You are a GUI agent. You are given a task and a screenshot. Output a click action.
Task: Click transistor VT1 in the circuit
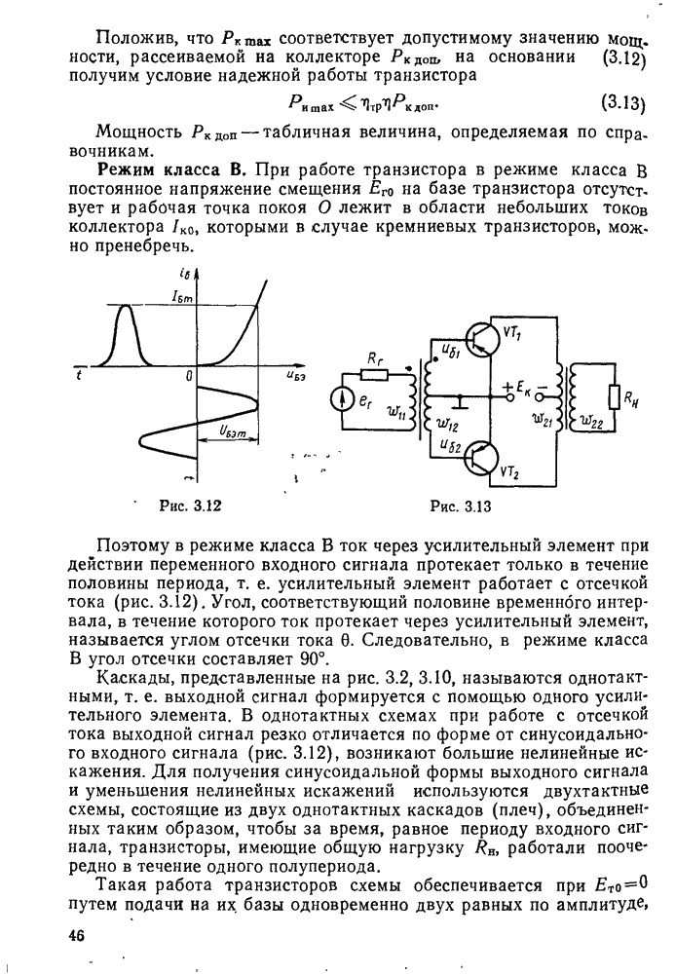481,338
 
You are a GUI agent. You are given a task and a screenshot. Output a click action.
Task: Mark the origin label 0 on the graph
190,375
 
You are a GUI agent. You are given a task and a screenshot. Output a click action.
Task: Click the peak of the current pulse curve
126,306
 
